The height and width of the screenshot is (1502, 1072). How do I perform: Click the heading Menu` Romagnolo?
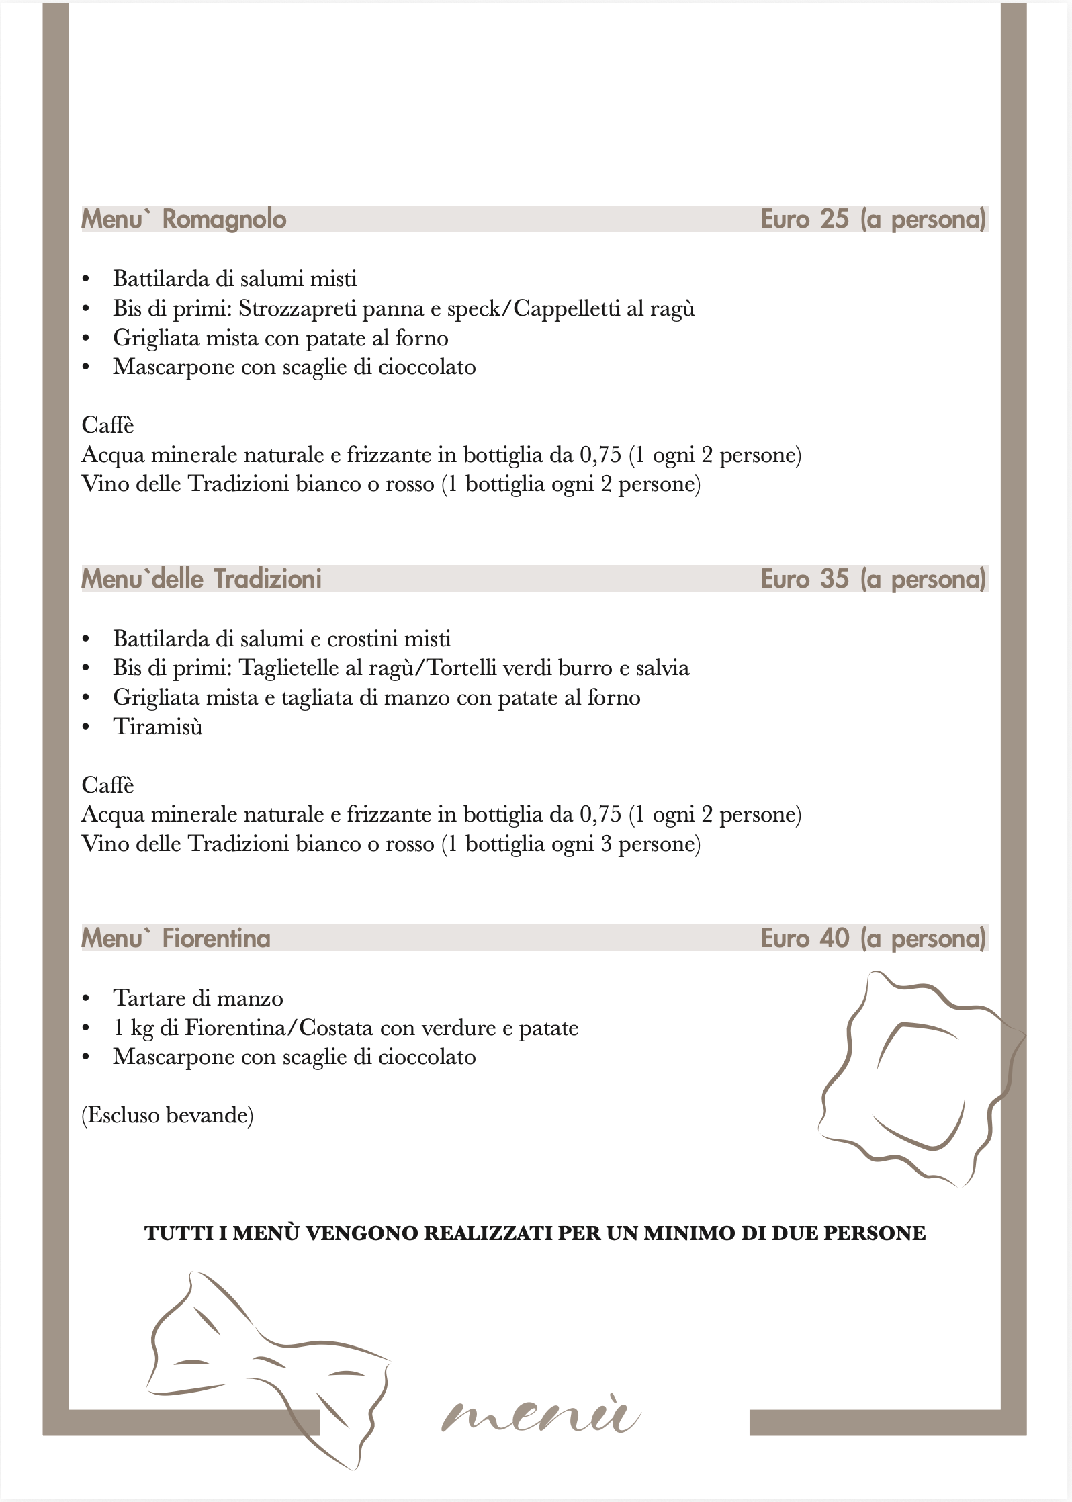tap(183, 219)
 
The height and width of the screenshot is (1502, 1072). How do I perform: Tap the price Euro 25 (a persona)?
tap(873, 219)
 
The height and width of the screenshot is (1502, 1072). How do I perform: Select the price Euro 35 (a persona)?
tap(873, 578)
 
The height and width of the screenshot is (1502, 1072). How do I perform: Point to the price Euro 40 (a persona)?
tap(873, 938)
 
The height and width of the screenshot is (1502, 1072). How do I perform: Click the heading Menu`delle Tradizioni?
tap(201, 578)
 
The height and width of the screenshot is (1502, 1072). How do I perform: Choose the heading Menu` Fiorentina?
tap(175, 938)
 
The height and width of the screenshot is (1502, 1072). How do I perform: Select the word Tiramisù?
tap(157, 727)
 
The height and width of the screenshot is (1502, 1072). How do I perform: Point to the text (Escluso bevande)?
tap(167, 1116)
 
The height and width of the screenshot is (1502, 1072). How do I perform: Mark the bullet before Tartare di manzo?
tap(85, 999)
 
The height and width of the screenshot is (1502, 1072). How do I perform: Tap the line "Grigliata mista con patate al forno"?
tap(280, 338)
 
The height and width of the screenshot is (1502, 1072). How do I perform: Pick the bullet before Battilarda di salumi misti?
tap(85, 279)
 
